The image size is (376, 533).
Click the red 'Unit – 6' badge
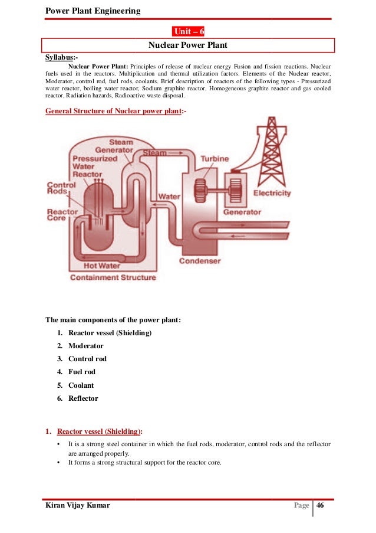point(188,31)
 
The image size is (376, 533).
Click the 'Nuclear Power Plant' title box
point(188,45)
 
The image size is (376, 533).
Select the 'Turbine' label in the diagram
point(215,159)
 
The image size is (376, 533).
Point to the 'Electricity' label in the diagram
point(272,193)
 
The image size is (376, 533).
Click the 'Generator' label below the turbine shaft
point(242,212)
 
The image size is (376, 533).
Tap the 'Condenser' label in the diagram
point(200,260)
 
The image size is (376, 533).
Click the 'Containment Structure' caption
point(113,277)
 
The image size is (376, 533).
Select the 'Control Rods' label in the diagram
point(61,189)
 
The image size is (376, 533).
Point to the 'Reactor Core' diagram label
point(60,214)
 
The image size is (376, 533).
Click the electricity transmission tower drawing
point(271,151)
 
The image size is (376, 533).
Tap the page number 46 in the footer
point(321,506)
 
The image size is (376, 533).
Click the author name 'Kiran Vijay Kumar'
point(78,506)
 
